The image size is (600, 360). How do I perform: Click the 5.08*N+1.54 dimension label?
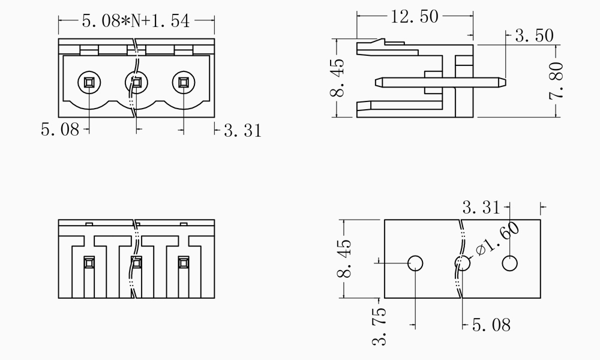pos(136,22)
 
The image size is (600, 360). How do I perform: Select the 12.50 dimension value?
pos(415,17)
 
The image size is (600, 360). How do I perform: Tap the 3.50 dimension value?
pos(534,36)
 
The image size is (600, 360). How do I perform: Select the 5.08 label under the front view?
pos(59,129)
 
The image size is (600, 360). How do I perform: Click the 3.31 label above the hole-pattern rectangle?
pos(481,208)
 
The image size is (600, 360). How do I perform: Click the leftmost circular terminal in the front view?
pos(89,82)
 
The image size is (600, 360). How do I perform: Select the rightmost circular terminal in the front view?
pos(184,82)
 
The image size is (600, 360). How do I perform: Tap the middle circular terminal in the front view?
pos(136,82)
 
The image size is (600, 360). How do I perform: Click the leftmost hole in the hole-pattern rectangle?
pos(415,263)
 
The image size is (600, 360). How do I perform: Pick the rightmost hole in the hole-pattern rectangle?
pos(510,263)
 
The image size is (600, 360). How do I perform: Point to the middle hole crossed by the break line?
pos(462,263)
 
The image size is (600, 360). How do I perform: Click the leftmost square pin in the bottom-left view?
pos(89,262)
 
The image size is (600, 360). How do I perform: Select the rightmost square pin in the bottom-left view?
pos(184,262)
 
